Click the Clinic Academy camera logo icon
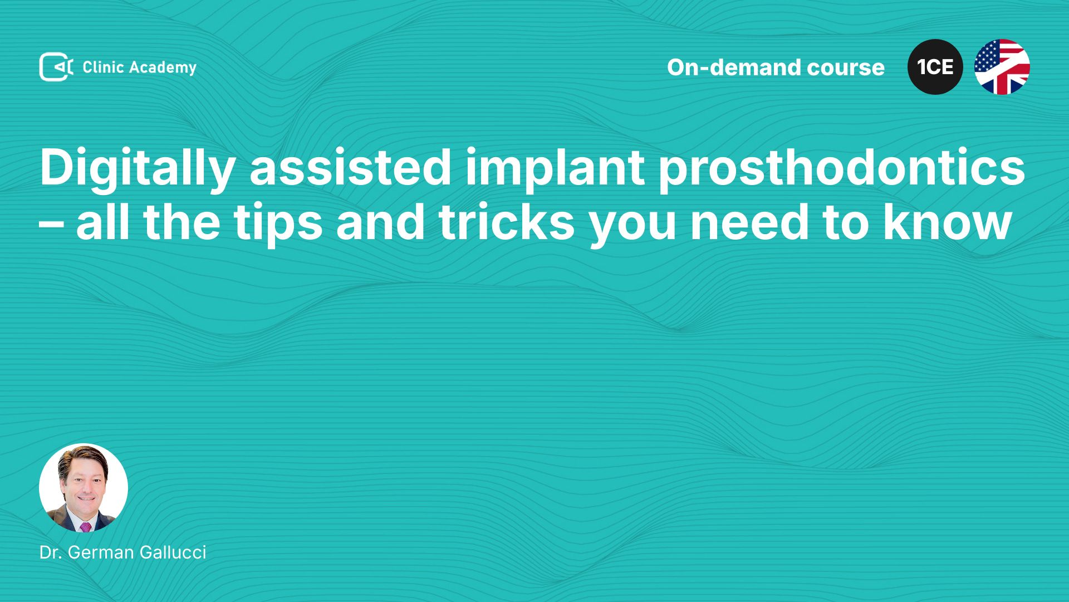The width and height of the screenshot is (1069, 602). click(x=56, y=67)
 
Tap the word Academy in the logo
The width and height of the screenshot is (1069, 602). click(x=163, y=68)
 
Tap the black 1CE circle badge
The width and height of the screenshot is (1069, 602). click(x=935, y=67)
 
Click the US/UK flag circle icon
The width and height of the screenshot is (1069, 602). click(x=1002, y=67)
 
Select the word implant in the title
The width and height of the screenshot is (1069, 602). click(x=555, y=169)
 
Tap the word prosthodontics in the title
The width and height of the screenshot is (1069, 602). click(x=842, y=169)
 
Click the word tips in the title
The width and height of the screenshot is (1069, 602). click(x=278, y=224)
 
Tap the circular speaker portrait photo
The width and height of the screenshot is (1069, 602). click(x=84, y=488)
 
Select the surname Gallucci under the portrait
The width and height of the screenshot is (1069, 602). click(x=173, y=552)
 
